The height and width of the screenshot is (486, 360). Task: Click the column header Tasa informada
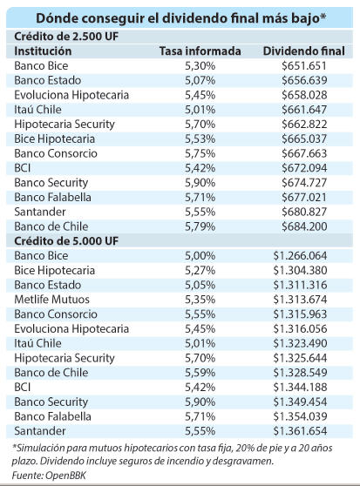200,51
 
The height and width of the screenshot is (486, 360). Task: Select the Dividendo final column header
304,51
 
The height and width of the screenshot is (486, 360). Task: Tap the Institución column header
43,51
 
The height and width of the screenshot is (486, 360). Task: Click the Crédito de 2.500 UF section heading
66,37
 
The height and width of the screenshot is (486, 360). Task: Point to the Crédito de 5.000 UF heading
66,241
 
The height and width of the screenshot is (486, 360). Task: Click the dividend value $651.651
304,65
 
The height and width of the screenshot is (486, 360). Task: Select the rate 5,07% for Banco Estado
200,81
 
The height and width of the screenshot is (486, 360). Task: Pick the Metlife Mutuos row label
51,300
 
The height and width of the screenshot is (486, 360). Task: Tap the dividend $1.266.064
300,256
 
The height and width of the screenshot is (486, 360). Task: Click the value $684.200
304,226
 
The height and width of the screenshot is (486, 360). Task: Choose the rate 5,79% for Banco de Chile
200,226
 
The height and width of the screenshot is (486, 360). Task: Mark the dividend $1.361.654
300,431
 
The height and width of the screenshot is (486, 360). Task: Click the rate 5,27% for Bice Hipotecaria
200,270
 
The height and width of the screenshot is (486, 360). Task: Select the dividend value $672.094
304,168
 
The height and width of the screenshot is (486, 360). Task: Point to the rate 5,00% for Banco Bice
200,256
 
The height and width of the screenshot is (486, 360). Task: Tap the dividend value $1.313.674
300,300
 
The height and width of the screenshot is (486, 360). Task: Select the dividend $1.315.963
300,314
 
